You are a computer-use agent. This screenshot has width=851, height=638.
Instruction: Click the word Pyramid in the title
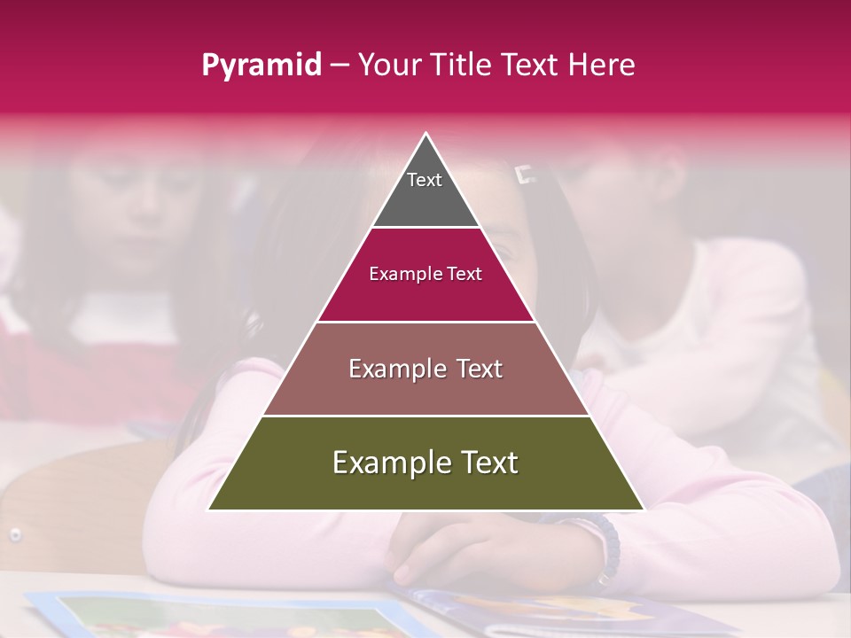(x=262, y=66)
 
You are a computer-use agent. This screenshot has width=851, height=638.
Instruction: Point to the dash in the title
(x=340, y=66)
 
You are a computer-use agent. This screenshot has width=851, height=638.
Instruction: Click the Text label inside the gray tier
(x=425, y=180)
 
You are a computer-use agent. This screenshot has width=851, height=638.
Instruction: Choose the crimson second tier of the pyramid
(x=425, y=297)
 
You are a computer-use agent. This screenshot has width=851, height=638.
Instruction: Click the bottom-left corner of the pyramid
(x=209, y=510)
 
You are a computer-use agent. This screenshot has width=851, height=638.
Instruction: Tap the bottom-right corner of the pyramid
(x=644, y=510)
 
